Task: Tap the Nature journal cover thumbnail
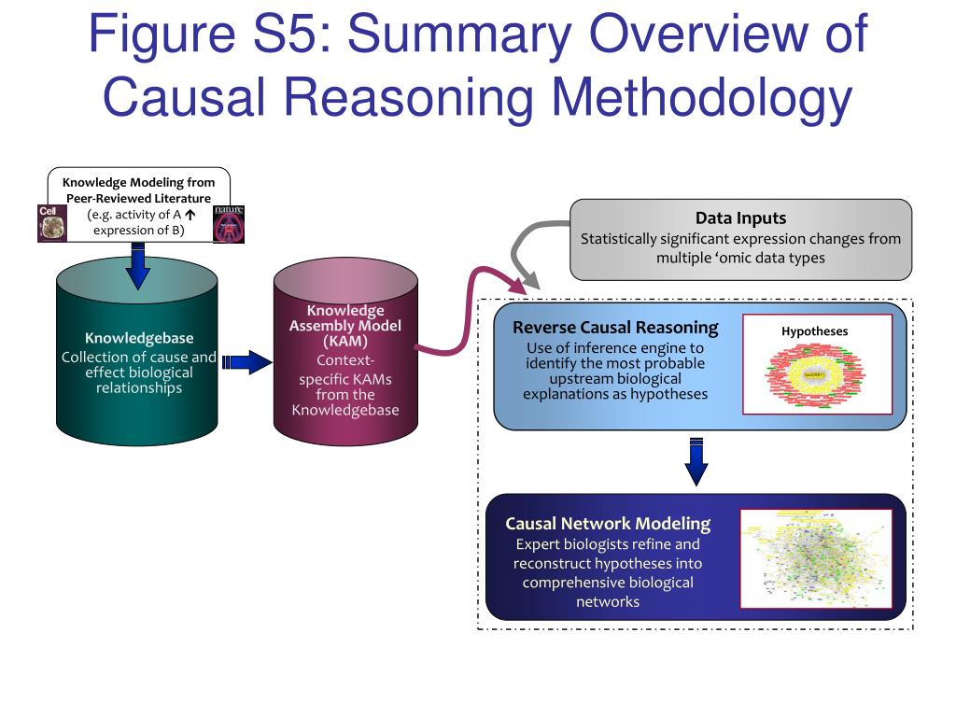click(229, 224)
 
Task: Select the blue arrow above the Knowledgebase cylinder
click(138, 265)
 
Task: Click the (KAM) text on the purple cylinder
click(344, 341)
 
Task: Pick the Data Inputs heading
click(740, 218)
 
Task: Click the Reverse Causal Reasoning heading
click(615, 328)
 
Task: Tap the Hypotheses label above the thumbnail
click(814, 330)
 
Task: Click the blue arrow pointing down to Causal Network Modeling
click(696, 461)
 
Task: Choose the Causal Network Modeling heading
click(608, 524)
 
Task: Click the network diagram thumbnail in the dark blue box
click(815, 557)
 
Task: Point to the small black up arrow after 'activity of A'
click(191, 214)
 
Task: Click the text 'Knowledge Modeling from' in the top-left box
click(138, 182)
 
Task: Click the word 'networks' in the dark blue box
click(608, 601)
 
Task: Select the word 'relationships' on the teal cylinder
click(138, 387)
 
